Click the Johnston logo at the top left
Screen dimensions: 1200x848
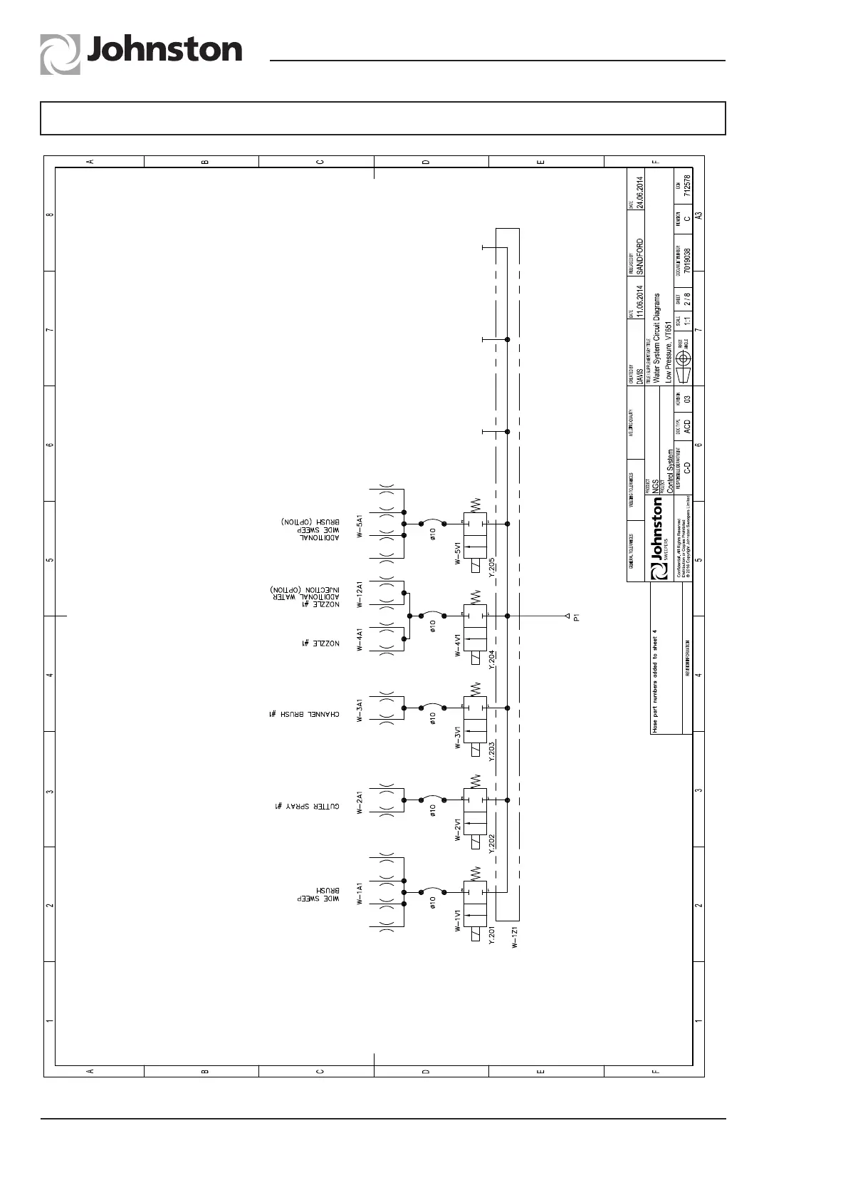pos(141,53)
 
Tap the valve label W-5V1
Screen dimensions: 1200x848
pos(459,553)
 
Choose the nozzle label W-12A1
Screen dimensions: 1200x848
pos(360,594)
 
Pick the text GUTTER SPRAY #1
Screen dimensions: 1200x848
pos(306,806)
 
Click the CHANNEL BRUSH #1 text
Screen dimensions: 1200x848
pos(304,714)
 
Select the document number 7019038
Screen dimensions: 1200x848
pos(686,261)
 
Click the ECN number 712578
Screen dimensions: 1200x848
pos(686,185)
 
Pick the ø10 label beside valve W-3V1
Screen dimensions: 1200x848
pos(433,718)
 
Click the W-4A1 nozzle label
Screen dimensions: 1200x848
pos(360,639)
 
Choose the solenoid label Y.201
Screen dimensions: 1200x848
pos(491,936)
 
